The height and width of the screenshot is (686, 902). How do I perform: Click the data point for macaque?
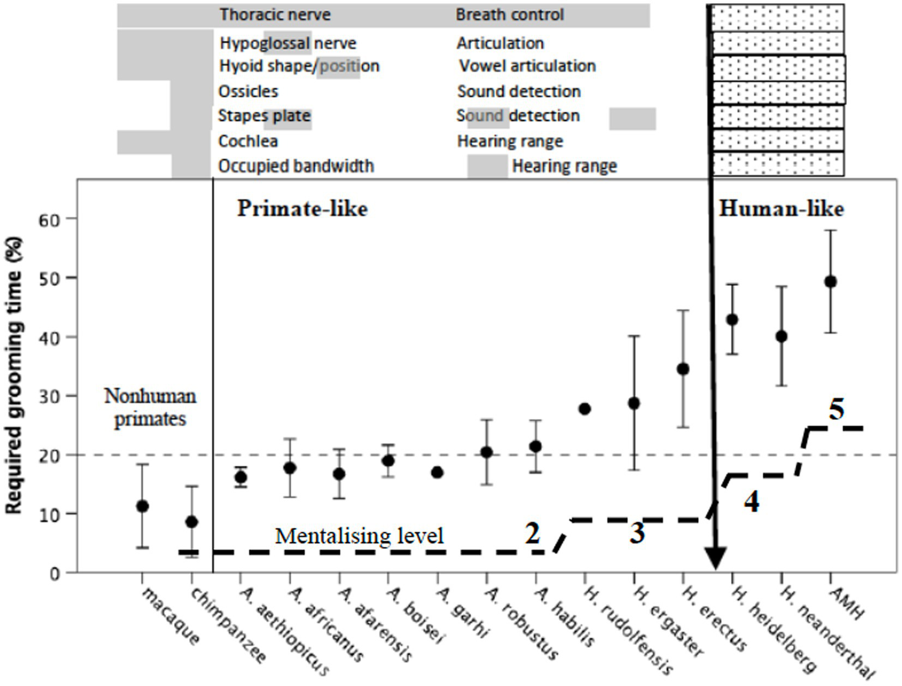click(142, 506)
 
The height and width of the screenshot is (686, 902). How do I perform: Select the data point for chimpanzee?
click(192, 521)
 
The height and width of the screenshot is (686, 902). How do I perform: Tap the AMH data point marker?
click(830, 282)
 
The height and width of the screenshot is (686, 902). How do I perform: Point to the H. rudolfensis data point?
click(585, 409)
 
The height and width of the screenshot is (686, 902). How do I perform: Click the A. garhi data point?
click(437, 472)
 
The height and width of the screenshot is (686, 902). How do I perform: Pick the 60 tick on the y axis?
click(49, 220)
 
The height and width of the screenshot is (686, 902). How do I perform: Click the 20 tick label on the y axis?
click(49, 456)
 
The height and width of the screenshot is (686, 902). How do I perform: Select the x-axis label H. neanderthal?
click(828, 631)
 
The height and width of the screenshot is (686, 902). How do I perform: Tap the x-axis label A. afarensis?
click(376, 624)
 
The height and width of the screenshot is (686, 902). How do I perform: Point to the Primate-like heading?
click(302, 209)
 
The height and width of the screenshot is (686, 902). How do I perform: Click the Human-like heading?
click(781, 209)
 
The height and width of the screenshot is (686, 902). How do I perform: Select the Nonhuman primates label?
click(150, 407)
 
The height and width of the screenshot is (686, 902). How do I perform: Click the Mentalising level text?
click(359, 536)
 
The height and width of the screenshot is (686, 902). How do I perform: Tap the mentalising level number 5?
click(837, 409)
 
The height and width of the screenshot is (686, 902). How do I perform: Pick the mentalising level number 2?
click(532, 533)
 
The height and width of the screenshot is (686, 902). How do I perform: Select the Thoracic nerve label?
click(275, 15)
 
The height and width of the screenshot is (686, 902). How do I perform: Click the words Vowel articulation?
click(527, 66)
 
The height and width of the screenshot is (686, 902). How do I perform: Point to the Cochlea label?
click(248, 141)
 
